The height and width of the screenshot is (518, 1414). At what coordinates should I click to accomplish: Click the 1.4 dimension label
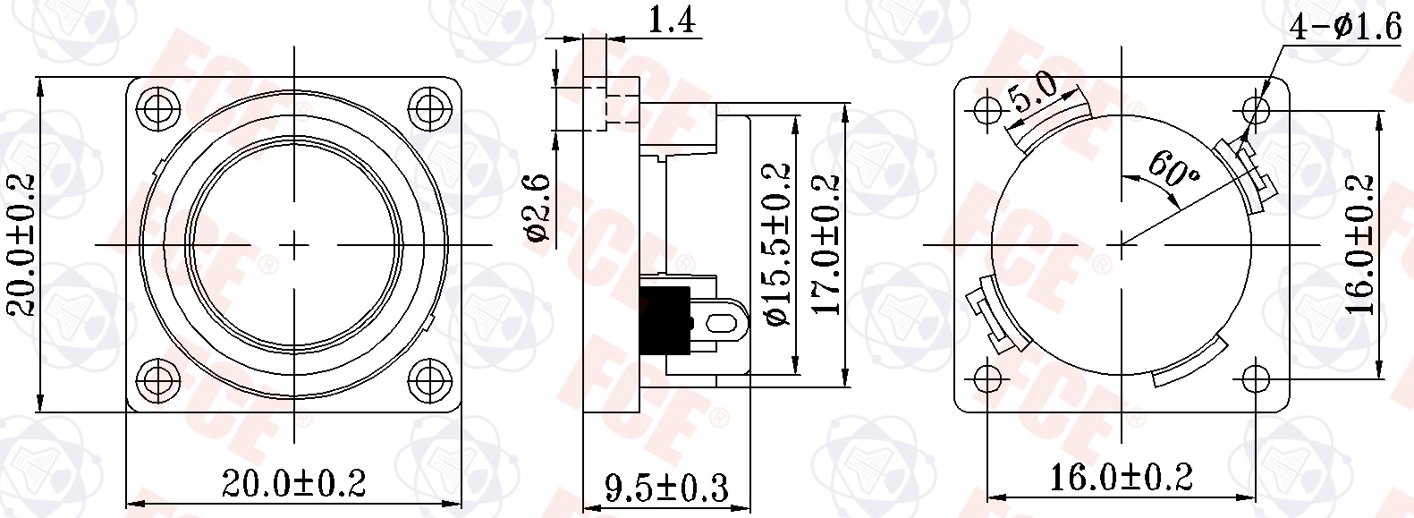(x=671, y=20)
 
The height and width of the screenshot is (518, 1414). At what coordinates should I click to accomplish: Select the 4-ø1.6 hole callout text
(x=1344, y=28)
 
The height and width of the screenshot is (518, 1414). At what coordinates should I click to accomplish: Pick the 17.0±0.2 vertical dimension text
(x=829, y=243)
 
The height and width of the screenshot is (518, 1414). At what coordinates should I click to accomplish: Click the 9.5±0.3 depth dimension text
(x=666, y=488)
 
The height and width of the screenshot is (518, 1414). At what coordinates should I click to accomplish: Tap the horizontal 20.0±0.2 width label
(x=293, y=484)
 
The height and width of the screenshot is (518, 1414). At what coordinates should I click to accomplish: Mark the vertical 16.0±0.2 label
(x=1359, y=243)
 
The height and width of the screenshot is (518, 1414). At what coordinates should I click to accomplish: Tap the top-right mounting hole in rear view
(x=1256, y=110)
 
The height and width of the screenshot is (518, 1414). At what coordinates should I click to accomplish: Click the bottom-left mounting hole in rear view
(x=986, y=378)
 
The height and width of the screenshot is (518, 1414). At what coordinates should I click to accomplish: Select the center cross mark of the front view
(x=294, y=243)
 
